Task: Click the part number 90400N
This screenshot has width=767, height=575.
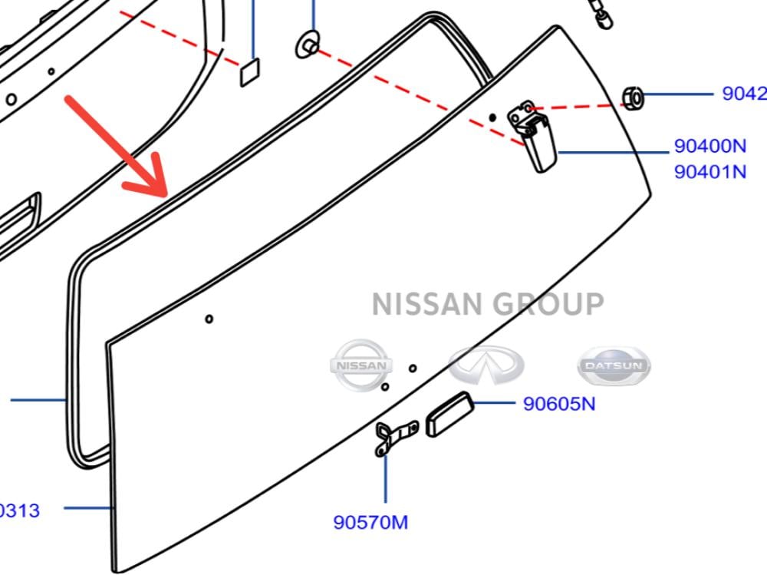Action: coord(709,146)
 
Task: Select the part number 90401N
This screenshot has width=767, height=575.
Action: coord(709,171)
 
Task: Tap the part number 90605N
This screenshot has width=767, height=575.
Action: coord(558,403)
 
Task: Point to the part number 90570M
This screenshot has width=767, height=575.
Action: coord(370,523)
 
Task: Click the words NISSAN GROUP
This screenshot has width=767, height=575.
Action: coord(488,304)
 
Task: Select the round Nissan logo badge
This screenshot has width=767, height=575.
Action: coord(361,366)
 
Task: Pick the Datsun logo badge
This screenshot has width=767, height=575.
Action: coord(613,366)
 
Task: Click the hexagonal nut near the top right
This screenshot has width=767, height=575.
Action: coord(631,97)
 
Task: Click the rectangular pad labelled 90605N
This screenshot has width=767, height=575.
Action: coord(449,415)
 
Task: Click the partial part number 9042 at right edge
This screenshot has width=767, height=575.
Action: coord(743,94)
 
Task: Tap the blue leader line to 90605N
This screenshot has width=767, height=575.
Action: coord(494,402)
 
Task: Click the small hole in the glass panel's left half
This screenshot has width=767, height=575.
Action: coord(209,319)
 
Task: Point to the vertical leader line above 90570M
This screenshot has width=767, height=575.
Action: coord(385,480)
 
